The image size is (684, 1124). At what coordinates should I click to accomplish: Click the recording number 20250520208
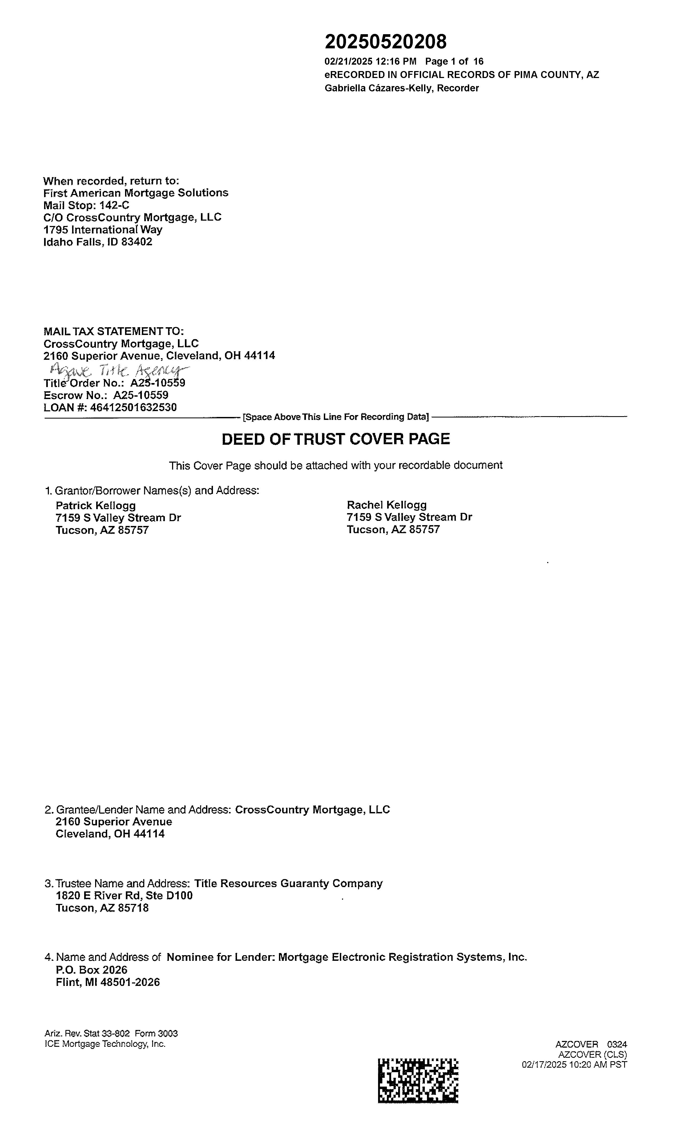coord(386,42)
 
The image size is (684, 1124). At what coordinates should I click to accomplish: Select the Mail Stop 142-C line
coord(86,205)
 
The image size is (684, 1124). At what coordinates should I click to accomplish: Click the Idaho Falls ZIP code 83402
coord(137,242)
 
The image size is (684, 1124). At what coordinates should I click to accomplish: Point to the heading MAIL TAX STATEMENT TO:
coord(114,331)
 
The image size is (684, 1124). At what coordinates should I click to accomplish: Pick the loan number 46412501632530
coord(133,407)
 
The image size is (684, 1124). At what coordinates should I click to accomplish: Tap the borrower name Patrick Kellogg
coord(95,505)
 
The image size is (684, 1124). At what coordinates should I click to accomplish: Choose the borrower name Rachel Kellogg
coord(387,505)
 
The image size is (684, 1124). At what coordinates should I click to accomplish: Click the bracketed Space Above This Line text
coord(336,417)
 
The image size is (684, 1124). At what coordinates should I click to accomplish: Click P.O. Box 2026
coord(92,970)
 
